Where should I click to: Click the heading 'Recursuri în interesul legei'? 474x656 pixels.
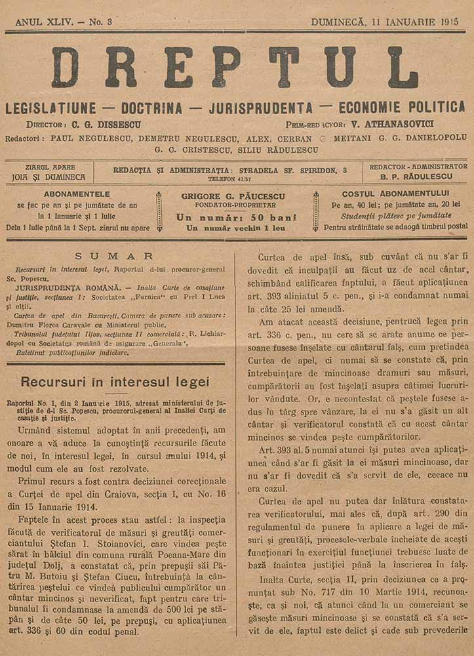click(115, 382)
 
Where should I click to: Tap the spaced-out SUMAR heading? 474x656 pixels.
click(114, 256)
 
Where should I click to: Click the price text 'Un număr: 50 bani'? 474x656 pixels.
click(237, 217)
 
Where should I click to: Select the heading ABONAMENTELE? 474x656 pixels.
click(77, 194)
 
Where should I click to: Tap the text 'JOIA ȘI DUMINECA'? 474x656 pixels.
click(49, 177)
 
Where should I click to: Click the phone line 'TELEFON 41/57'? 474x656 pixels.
click(229, 178)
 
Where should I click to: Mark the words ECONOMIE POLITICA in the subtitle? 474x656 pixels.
click(401, 107)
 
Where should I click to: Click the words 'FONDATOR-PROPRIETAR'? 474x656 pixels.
click(237, 205)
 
